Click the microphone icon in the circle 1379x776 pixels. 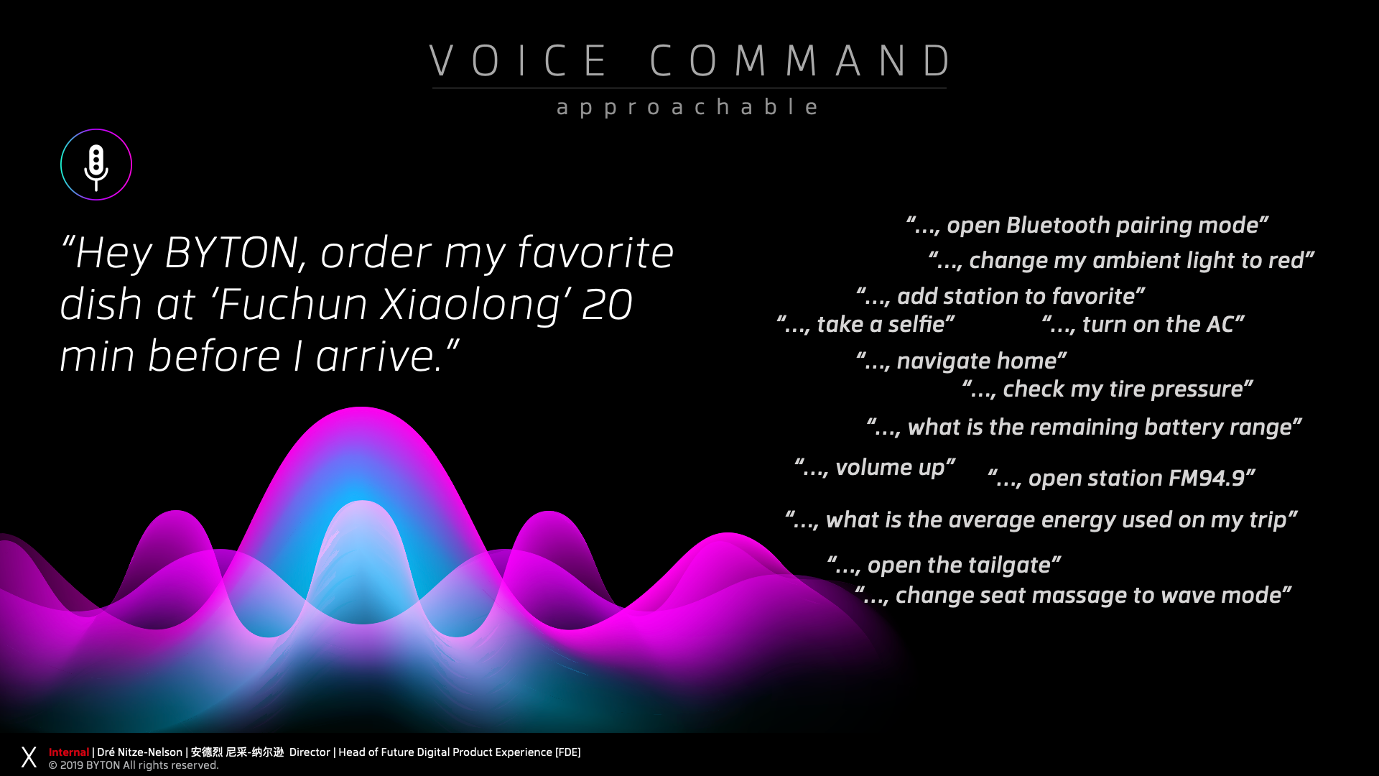pos(96,167)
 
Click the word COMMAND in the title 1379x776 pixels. pos(801,60)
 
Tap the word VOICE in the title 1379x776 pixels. pos(519,60)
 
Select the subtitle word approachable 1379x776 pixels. pos(687,107)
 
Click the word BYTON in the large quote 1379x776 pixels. pos(231,253)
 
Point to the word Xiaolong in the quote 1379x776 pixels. pos(470,305)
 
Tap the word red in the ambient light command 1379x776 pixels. pos(1286,260)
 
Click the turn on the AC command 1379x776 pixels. pos(1143,324)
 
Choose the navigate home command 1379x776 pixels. pos(961,361)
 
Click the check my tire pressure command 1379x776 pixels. pos(1108,389)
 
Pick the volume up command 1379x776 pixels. pos(875,468)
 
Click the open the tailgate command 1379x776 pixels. pos(944,565)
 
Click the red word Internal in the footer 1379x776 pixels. pos(69,752)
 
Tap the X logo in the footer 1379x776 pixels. pos(29,757)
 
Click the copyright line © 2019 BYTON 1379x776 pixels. pos(134,765)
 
